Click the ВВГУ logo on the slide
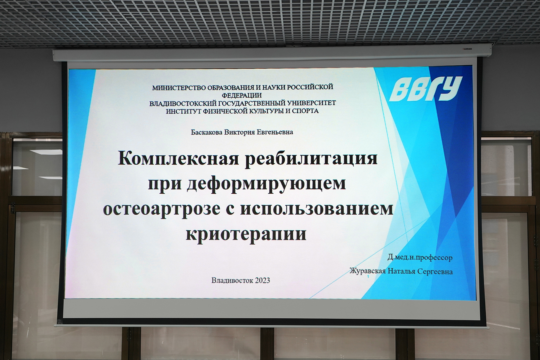pyautogui.click(x=426, y=89)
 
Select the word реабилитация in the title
pyautogui.click(x=311, y=158)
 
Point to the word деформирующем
pyautogui.click(x=266, y=183)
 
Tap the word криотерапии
pyautogui.click(x=246, y=234)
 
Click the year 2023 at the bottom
pyautogui.click(x=262, y=281)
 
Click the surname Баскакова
pyautogui.click(x=206, y=132)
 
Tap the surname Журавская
pyautogui.click(x=367, y=271)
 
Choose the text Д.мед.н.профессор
pyautogui.click(x=420, y=257)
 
